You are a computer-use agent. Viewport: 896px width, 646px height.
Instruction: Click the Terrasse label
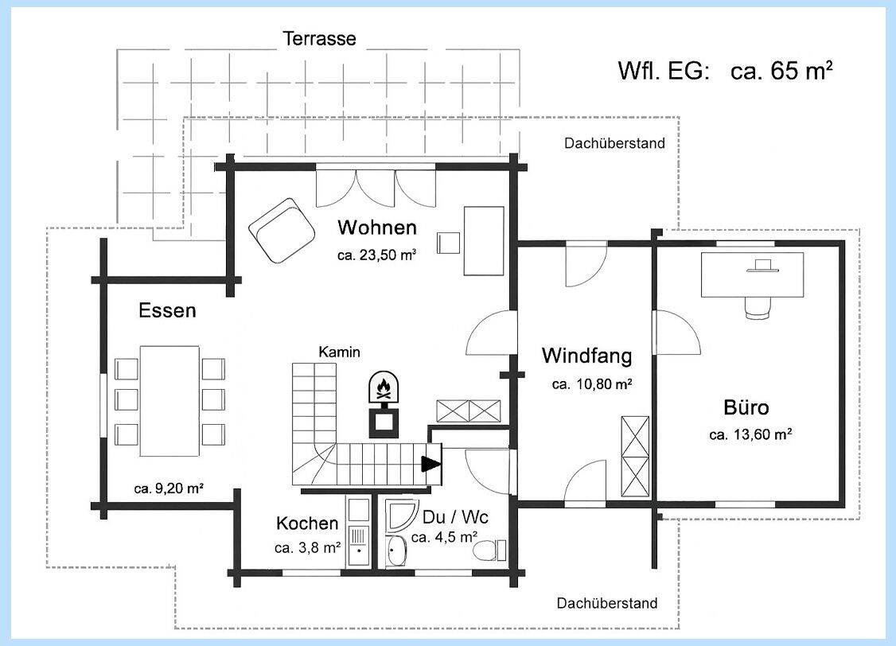point(319,39)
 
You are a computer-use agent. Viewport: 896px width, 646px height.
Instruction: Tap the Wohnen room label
point(376,228)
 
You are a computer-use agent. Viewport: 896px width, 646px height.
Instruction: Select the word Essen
point(167,310)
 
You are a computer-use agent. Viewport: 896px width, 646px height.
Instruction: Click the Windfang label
point(586,355)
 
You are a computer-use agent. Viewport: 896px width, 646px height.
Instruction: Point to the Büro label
point(746,408)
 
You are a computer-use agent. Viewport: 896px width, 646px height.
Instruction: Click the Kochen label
point(307,523)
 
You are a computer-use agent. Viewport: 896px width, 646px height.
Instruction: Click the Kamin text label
point(339,352)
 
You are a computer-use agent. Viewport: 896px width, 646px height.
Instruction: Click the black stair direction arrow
point(430,463)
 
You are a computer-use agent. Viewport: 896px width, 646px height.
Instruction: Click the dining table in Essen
point(169,400)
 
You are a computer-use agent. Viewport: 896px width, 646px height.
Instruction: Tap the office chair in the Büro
point(759,306)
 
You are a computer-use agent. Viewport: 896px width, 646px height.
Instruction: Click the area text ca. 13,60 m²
point(750,435)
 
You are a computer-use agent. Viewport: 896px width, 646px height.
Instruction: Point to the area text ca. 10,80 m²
point(592,384)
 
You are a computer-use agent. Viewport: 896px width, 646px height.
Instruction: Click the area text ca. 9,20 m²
point(169,488)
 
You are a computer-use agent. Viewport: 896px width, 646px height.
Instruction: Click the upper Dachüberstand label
point(614,143)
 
